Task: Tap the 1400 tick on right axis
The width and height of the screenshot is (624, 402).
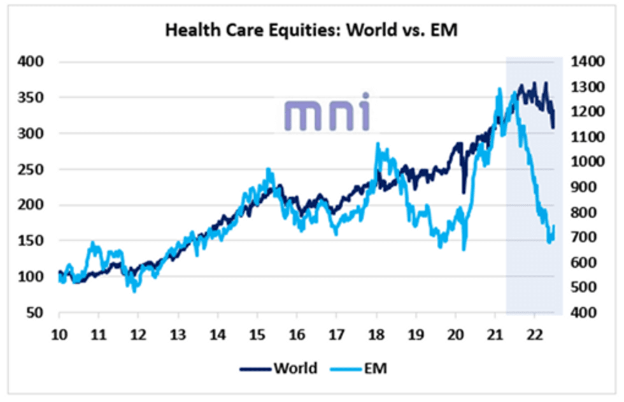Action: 587,62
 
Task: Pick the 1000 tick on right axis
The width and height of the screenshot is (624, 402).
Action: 587,162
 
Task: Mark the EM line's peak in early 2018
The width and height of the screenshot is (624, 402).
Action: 378,144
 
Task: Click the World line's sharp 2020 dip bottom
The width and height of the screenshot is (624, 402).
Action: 464,191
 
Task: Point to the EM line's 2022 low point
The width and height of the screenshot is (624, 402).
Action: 550,242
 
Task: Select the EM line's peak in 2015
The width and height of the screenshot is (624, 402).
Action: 268,169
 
